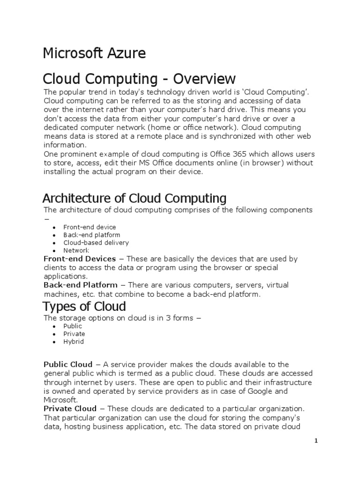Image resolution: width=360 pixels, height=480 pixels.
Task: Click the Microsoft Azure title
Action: point(94,54)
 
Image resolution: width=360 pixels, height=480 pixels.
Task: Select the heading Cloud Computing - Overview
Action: point(139,78)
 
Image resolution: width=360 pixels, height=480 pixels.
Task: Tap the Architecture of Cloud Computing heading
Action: point(135,198)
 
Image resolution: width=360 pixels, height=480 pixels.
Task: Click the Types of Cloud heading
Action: point(84,307)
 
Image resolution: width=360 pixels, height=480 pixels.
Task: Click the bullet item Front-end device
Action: point(90,227)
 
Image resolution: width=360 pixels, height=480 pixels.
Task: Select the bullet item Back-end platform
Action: point(92,235)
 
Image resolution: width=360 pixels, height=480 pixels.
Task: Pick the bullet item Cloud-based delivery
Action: point(96,243)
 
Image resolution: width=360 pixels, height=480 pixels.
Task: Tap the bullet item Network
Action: point(76,251)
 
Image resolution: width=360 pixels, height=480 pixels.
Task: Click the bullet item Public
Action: point(73,326)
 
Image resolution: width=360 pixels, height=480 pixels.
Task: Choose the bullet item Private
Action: point(74,334)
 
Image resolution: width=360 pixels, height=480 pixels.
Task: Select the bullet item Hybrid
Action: point(74,342)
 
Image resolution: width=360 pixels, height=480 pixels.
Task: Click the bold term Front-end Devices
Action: point(79,259)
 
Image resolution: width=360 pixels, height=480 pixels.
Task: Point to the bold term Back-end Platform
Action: point(80,285)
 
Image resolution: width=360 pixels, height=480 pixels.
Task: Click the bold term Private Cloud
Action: point(70,408)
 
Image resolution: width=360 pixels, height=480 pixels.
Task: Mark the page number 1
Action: point(316,441)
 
